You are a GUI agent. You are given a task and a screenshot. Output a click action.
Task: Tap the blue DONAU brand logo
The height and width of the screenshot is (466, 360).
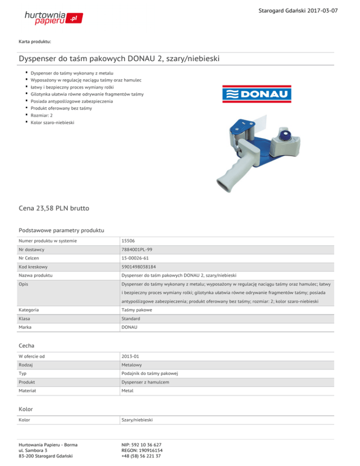(x=256, y=94)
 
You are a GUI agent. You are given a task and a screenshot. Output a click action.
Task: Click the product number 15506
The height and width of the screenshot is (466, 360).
(x=128, y=241)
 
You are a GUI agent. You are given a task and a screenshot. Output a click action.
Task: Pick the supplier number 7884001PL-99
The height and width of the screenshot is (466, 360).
(x=138, y=251)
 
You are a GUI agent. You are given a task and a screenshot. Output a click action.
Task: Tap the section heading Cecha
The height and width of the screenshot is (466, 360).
(x=27, y=346)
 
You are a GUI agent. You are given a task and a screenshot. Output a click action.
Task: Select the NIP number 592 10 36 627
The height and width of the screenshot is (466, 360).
(x=142, y=444)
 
